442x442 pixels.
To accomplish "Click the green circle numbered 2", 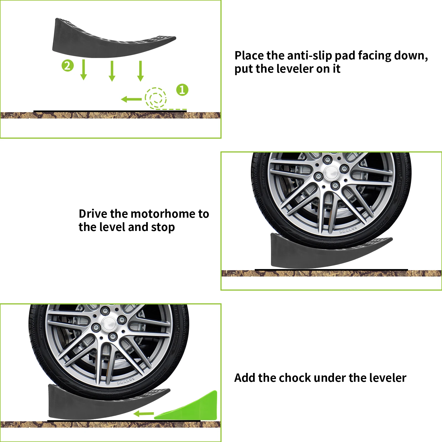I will coord(68,66).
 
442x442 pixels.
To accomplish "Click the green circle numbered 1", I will coord(182,90).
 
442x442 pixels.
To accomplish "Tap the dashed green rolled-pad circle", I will coord(156,98).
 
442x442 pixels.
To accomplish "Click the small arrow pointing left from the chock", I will coord(143,414).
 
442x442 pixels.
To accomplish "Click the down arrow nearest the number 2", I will coord(83,70).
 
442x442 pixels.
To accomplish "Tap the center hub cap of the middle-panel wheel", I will coord(331,172).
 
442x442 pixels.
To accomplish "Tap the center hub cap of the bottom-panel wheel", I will coord(109,323).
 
